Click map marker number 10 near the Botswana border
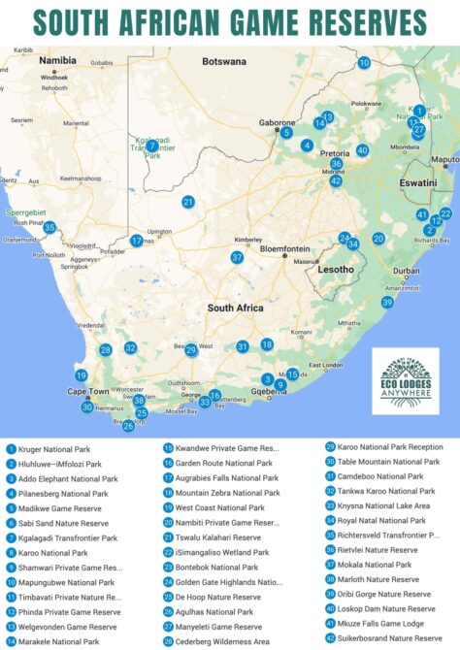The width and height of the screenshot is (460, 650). pyautogui.click(x=364, y=62)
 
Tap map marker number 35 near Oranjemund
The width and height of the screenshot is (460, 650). pyautogui.click(x=49, y=228)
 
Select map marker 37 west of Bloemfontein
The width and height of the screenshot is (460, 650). pyautogui.click(x=237, y=257)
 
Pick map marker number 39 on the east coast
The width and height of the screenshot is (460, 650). pyautogui.click(x=387, y=302)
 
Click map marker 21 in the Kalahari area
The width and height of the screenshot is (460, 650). pyautogui.click(x=188, y=202)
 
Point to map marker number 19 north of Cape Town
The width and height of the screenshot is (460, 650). pyautogui.click(x=82, y=375)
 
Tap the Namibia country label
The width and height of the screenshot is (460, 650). pyautogui.click(x=56, y=60)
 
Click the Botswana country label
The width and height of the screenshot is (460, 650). pyautogui.click(x=224, y=61)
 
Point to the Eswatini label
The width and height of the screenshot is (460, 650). pyautogui.click(x=418, y=181)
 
